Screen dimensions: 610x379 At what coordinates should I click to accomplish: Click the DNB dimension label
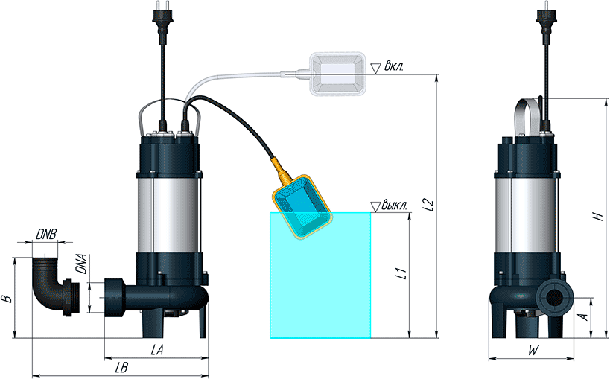click(46, 235)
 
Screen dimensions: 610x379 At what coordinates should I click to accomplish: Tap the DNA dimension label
click(81, 264)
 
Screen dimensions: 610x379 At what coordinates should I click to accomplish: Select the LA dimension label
click(156, 350)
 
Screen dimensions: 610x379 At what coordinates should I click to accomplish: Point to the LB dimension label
click(121, 368)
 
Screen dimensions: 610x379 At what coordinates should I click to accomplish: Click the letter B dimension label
click(6, 299)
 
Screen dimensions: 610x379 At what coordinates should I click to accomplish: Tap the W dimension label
click(533, 351)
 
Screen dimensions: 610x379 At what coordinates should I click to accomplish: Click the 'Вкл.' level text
click(394, 66)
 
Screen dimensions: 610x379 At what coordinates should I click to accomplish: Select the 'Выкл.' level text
click(394, 205)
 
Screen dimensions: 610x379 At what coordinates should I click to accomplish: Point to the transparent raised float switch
click(337, 74)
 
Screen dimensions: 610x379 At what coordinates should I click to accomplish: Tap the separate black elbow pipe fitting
click(55, 286)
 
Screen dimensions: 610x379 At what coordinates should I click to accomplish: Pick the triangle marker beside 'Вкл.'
click(375, 69)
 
